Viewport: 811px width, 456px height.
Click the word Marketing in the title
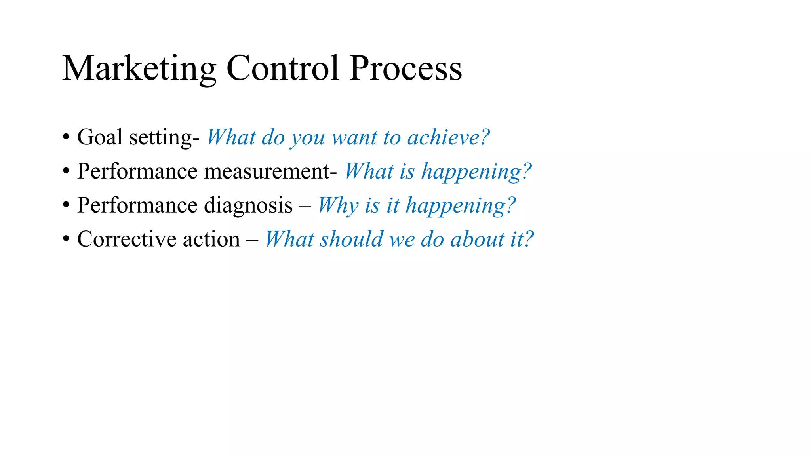pos(139,69)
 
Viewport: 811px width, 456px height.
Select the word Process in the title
pos(405,69)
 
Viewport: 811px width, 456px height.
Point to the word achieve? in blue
pos(448,138)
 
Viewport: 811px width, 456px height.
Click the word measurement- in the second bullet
pos(270,172)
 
